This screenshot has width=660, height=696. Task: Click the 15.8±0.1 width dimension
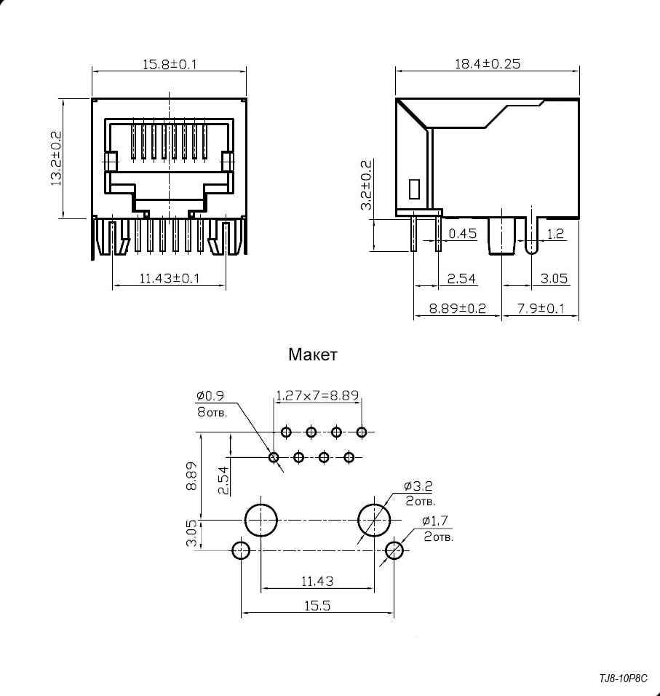[169, 64]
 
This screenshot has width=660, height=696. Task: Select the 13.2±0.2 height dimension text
[56, 159]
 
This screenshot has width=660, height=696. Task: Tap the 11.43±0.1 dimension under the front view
[170, 278]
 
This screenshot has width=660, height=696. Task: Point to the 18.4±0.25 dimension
[488, 63]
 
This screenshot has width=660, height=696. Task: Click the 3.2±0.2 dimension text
[367, 185]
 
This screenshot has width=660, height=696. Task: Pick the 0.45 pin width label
[462, 234]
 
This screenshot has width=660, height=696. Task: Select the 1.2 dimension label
[555, 234]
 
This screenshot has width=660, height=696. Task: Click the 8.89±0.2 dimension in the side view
[457, 308]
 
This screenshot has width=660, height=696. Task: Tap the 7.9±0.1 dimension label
[541, 308]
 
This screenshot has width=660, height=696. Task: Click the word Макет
[313, 355]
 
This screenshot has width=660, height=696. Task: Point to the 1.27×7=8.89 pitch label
[318, 397]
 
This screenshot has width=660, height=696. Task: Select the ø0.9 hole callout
[210, 396]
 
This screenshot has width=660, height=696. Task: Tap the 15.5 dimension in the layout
[317, 604]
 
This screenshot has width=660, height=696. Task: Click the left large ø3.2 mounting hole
[261, 520]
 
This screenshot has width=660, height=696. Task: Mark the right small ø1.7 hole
[395, 550]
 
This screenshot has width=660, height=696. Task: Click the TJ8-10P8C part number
[623, 679]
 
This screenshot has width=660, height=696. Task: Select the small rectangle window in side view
[414, 189]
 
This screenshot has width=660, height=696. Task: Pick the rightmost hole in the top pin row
[362, 432]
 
